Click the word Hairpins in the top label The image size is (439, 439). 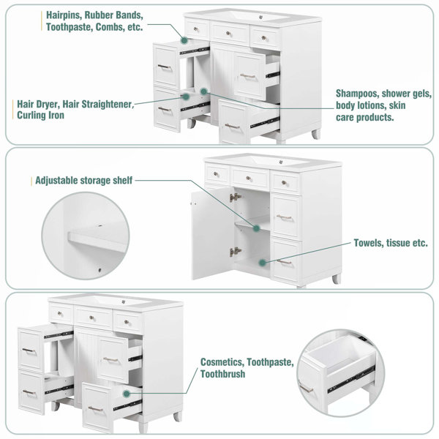(63, 15)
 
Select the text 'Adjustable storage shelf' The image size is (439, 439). (83, 181)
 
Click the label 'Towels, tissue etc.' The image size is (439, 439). (391, 243)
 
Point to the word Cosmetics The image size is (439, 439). (222, 362)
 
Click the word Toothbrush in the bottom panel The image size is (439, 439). (223, 374)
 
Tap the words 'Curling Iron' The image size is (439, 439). (40, 116)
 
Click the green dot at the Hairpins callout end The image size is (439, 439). (184, 40)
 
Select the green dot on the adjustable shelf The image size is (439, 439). (256, 228)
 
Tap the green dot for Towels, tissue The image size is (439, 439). (263, 263)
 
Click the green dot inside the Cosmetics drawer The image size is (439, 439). (127, 394)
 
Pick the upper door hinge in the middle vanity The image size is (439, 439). (235, 198)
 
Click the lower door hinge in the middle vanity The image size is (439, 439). (235, 252)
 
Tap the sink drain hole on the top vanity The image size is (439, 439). (261, 18)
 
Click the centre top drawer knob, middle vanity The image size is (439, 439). (248, 179)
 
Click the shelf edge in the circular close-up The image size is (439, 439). (97, 241)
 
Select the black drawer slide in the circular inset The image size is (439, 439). (351, 378)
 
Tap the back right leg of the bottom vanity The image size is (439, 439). (178, 416)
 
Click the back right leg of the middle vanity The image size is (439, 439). (337, 279)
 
